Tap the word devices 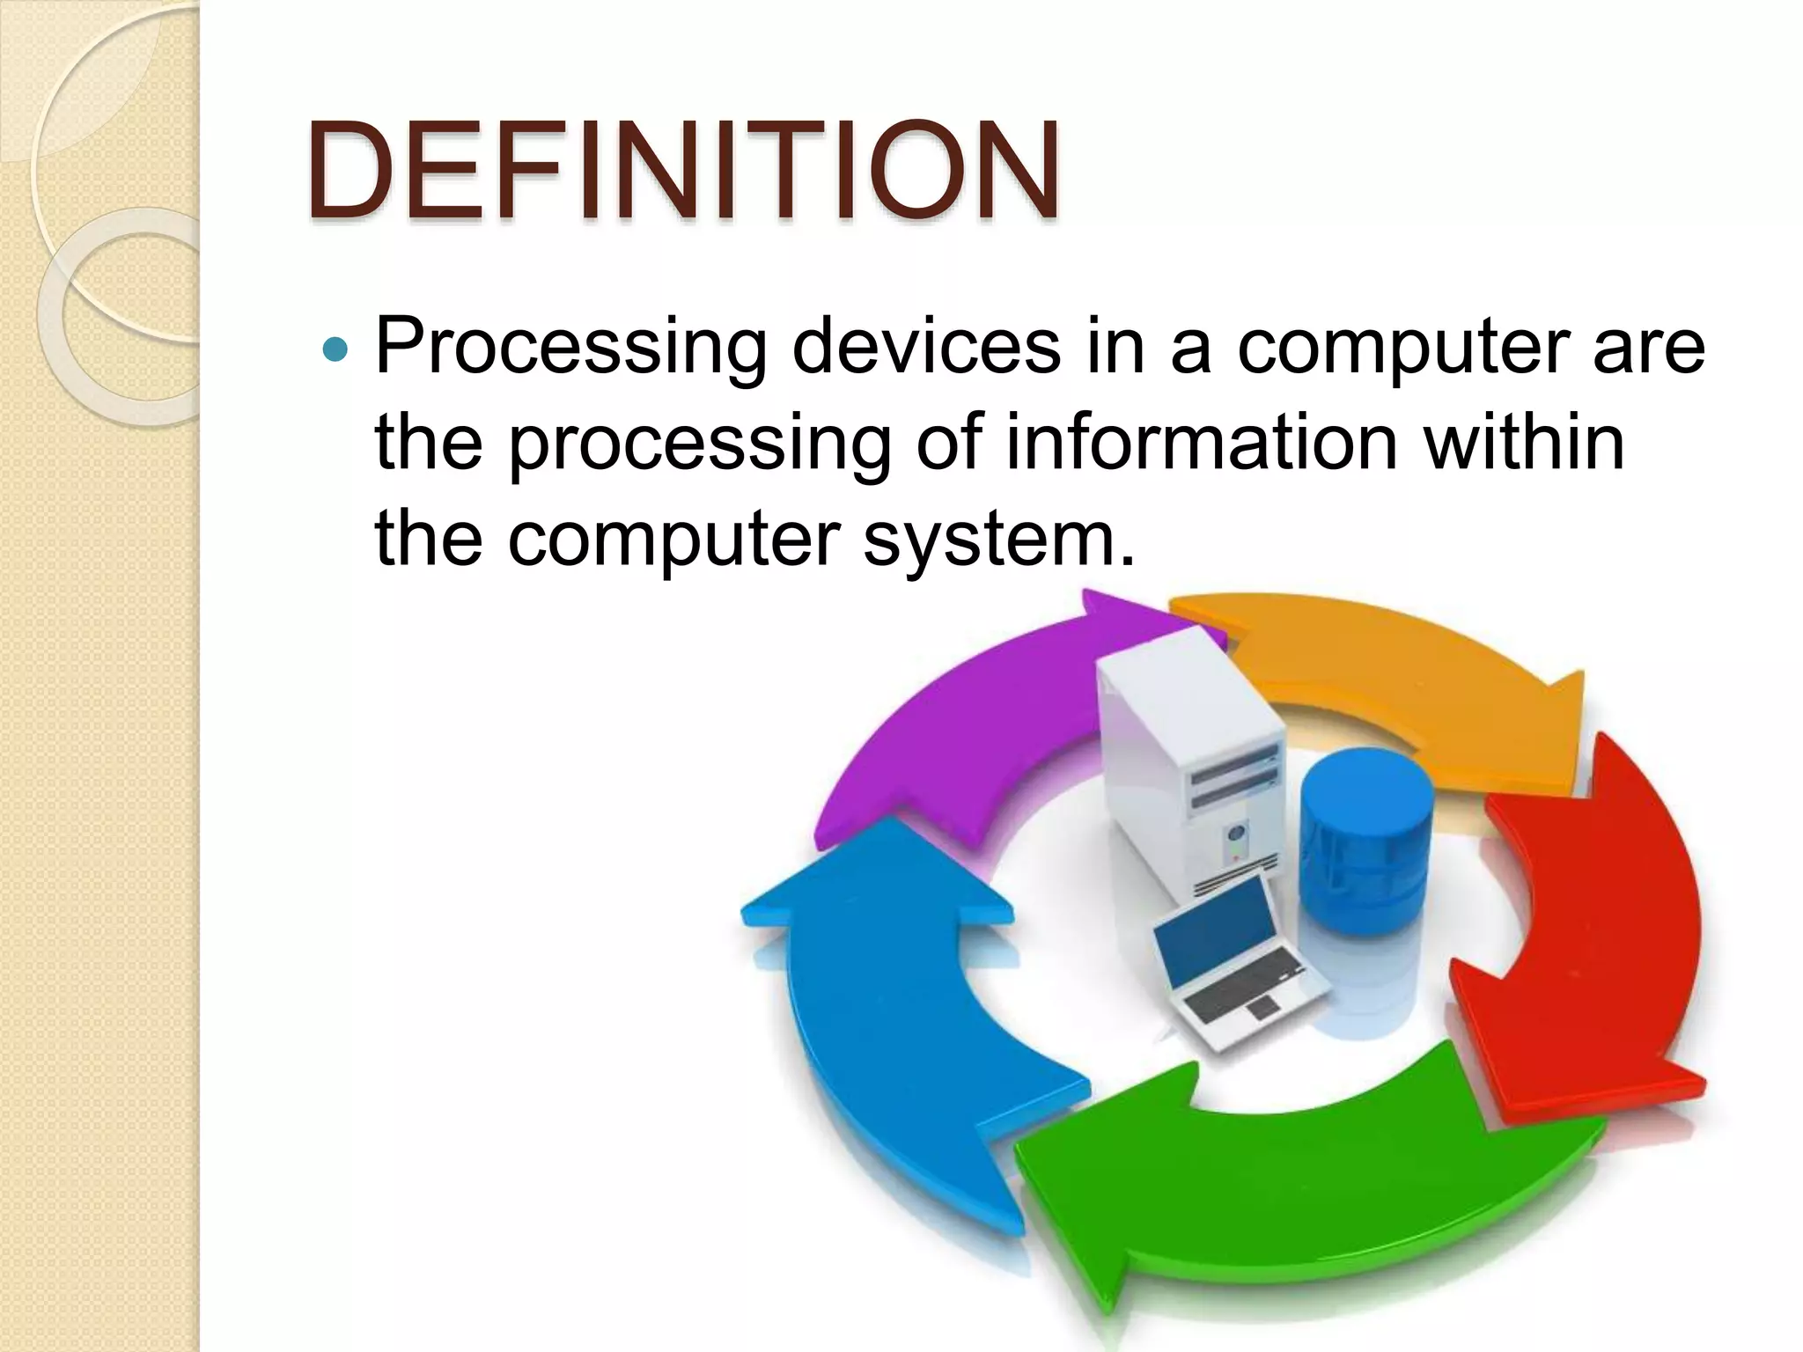[926, 346]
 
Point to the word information [1201, 442]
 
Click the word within [1524, 442]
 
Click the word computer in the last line [673, 540]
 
